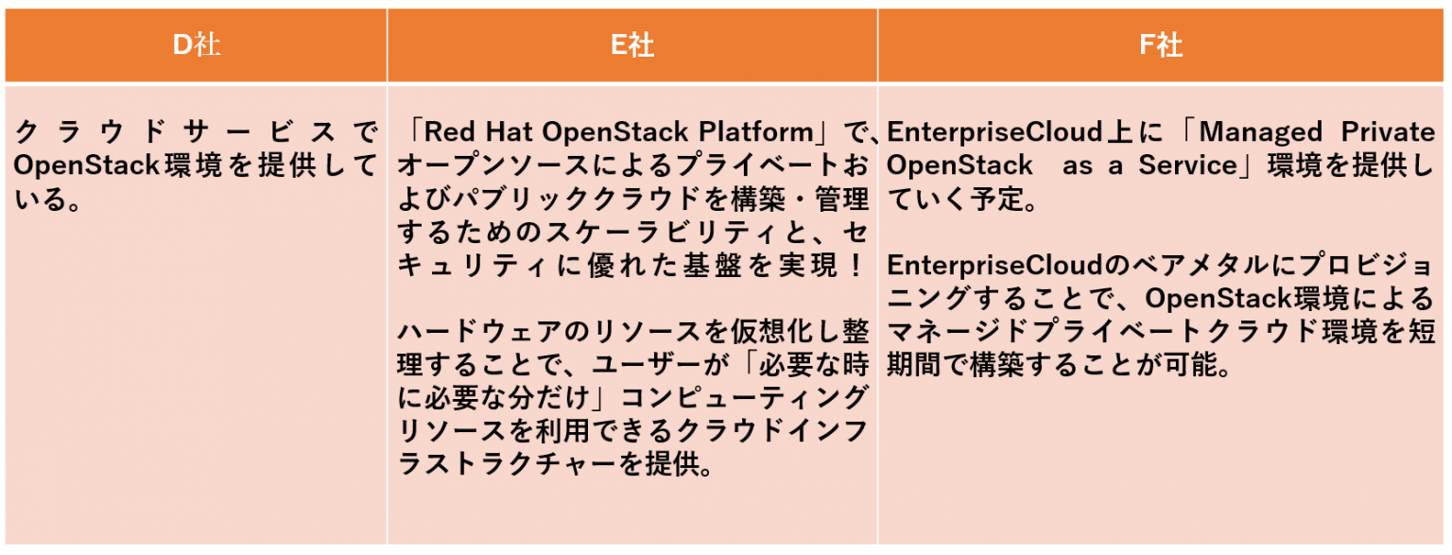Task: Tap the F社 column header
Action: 1161,45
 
